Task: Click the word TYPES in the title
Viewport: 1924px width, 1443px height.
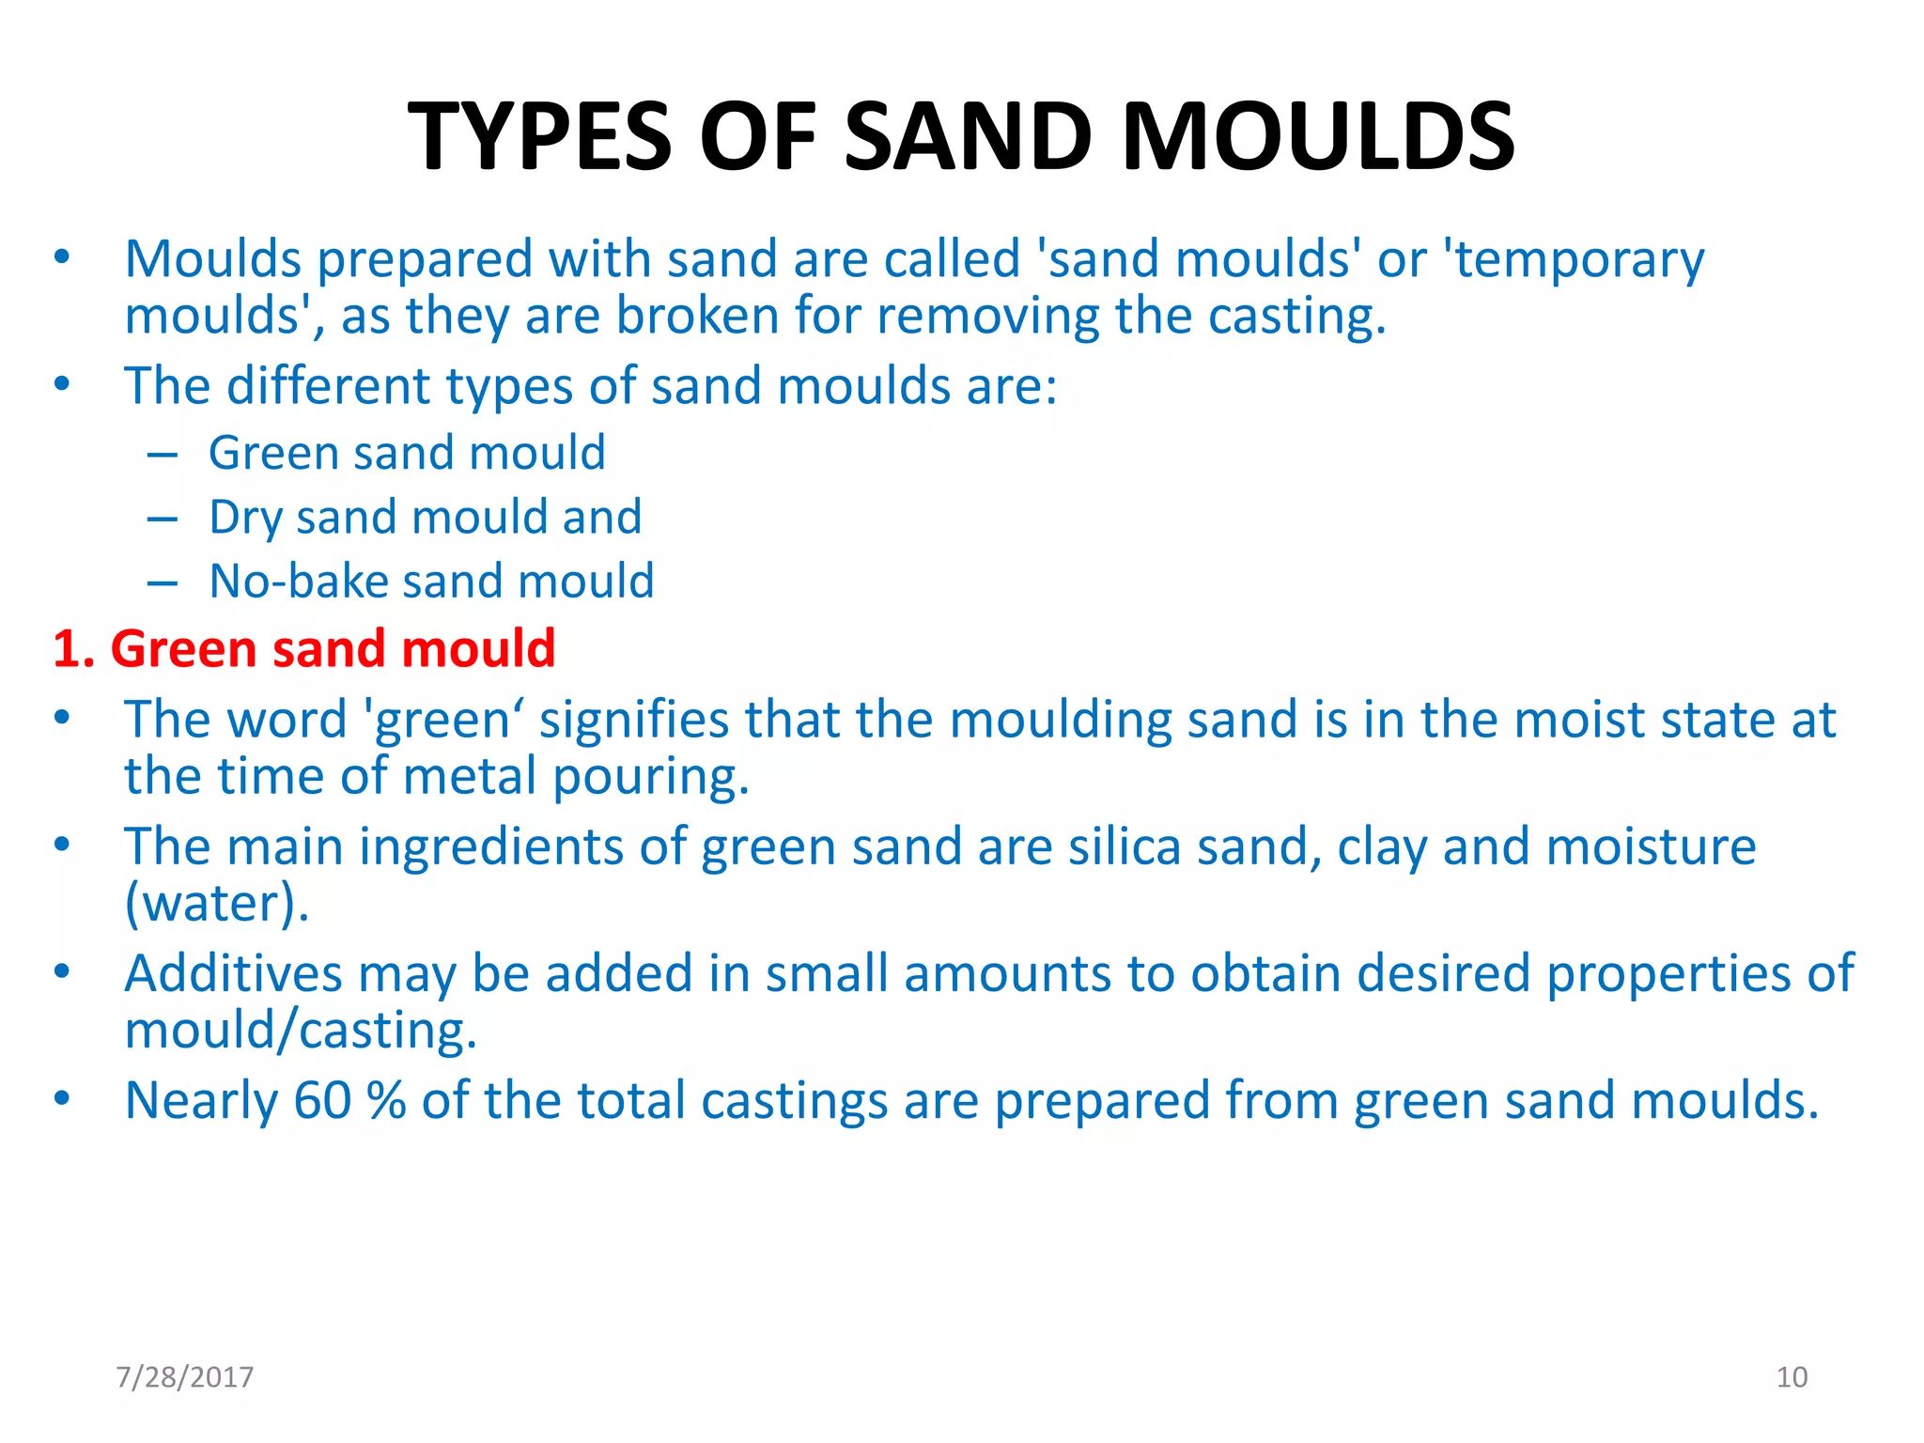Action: pyautogui.click(x=540, y=137)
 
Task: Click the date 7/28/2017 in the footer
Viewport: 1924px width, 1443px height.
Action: pyautogui.click(x=184, y=1377)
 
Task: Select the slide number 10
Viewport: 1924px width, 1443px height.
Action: pyautogui.click(x=1792, y=1377)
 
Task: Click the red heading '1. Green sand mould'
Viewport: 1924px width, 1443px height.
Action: pyautogui.click(x=304, y=648)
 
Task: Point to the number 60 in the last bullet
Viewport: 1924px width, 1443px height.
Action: pyautogui.click(x=322, y=1101)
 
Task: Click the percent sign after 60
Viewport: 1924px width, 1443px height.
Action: pyautogui.click(x=386, y=1101)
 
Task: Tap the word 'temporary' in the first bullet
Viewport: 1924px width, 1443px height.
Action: pyautogui.click(x=1578, y=260)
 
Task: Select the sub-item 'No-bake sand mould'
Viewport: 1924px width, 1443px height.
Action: pyautogui.click(x=431, y=581)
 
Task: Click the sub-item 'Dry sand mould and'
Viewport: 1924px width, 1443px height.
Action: pyautogui.click(x=425, y=517)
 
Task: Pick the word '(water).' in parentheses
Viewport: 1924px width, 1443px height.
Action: pyautogui.click(x=217, y=904)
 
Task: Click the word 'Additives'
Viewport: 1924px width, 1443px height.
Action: pyautogui.click(x=233, y=973)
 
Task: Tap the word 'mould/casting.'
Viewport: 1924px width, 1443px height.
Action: pyautogui.click(x=301, y=1031)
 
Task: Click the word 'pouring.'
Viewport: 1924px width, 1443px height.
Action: pyautogui.click(x=650, y=778)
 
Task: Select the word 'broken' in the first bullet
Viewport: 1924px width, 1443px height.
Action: pyautogui.click(x=697, y=317)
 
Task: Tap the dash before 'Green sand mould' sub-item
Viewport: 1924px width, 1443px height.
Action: pyautogui.click(x=163, y=455)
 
